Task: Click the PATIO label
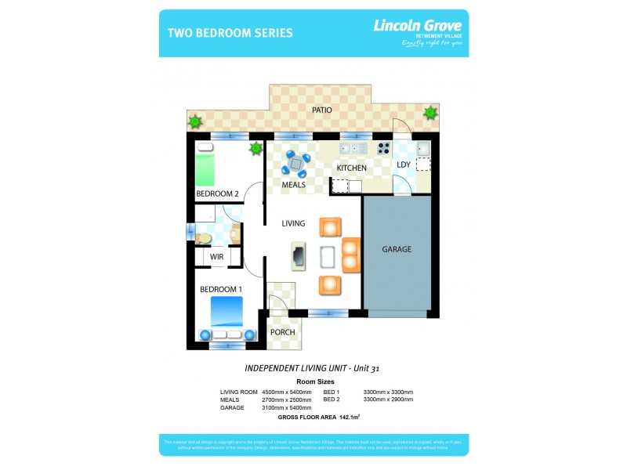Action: point(321,110)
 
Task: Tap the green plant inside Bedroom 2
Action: point(255,149)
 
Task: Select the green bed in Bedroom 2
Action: point(205,166)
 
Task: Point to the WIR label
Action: point(216,256)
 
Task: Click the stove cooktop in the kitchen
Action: point(384,149)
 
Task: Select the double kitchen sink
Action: point(353,148)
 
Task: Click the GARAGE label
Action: point(397,250)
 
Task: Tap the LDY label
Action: point(404,164)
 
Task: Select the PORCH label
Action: point(282,332)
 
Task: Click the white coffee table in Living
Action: point(328,256)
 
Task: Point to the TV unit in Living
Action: point(299,255)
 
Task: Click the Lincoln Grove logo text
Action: point(416,25)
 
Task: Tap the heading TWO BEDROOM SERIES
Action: point(230,33)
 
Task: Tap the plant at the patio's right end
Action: point(429,113)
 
